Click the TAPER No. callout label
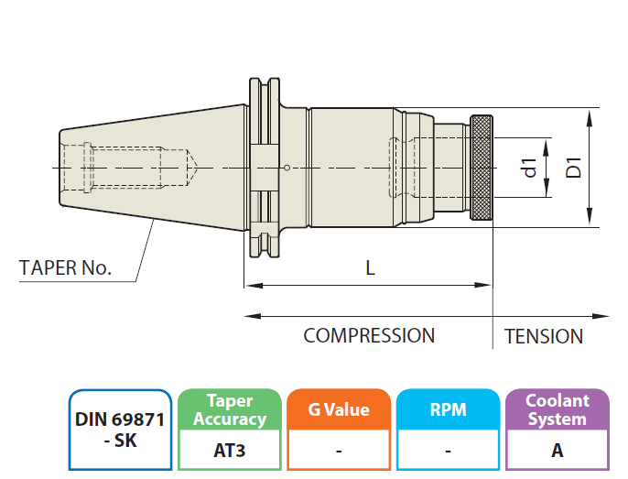click(65, 268)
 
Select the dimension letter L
click(370, 268)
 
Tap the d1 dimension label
click(528, 168)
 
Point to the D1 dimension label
click(574, 168)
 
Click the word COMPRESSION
click(369, 336)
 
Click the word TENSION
click(544, 337)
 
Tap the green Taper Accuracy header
click(229, 410)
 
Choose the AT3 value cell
click(229, 451)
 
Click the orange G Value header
click(339, 410)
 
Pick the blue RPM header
click(448, 410)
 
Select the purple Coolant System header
click(557, 410)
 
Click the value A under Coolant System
click(557, 451)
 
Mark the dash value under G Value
click(339, 451)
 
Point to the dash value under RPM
click(448, 451)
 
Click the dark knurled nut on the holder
click(482, 169)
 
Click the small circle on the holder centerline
click(287, 168)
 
